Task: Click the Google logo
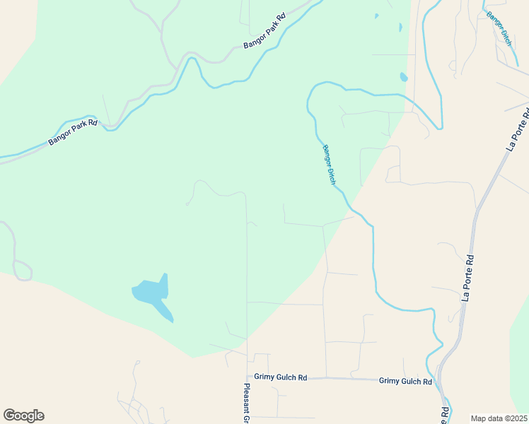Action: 23,416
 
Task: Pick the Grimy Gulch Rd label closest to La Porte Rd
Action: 405,381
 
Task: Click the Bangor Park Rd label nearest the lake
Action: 73,132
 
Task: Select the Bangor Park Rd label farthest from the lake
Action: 264,30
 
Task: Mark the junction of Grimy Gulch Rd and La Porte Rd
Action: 438,382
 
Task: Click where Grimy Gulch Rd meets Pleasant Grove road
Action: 247,377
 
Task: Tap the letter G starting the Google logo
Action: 9,415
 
